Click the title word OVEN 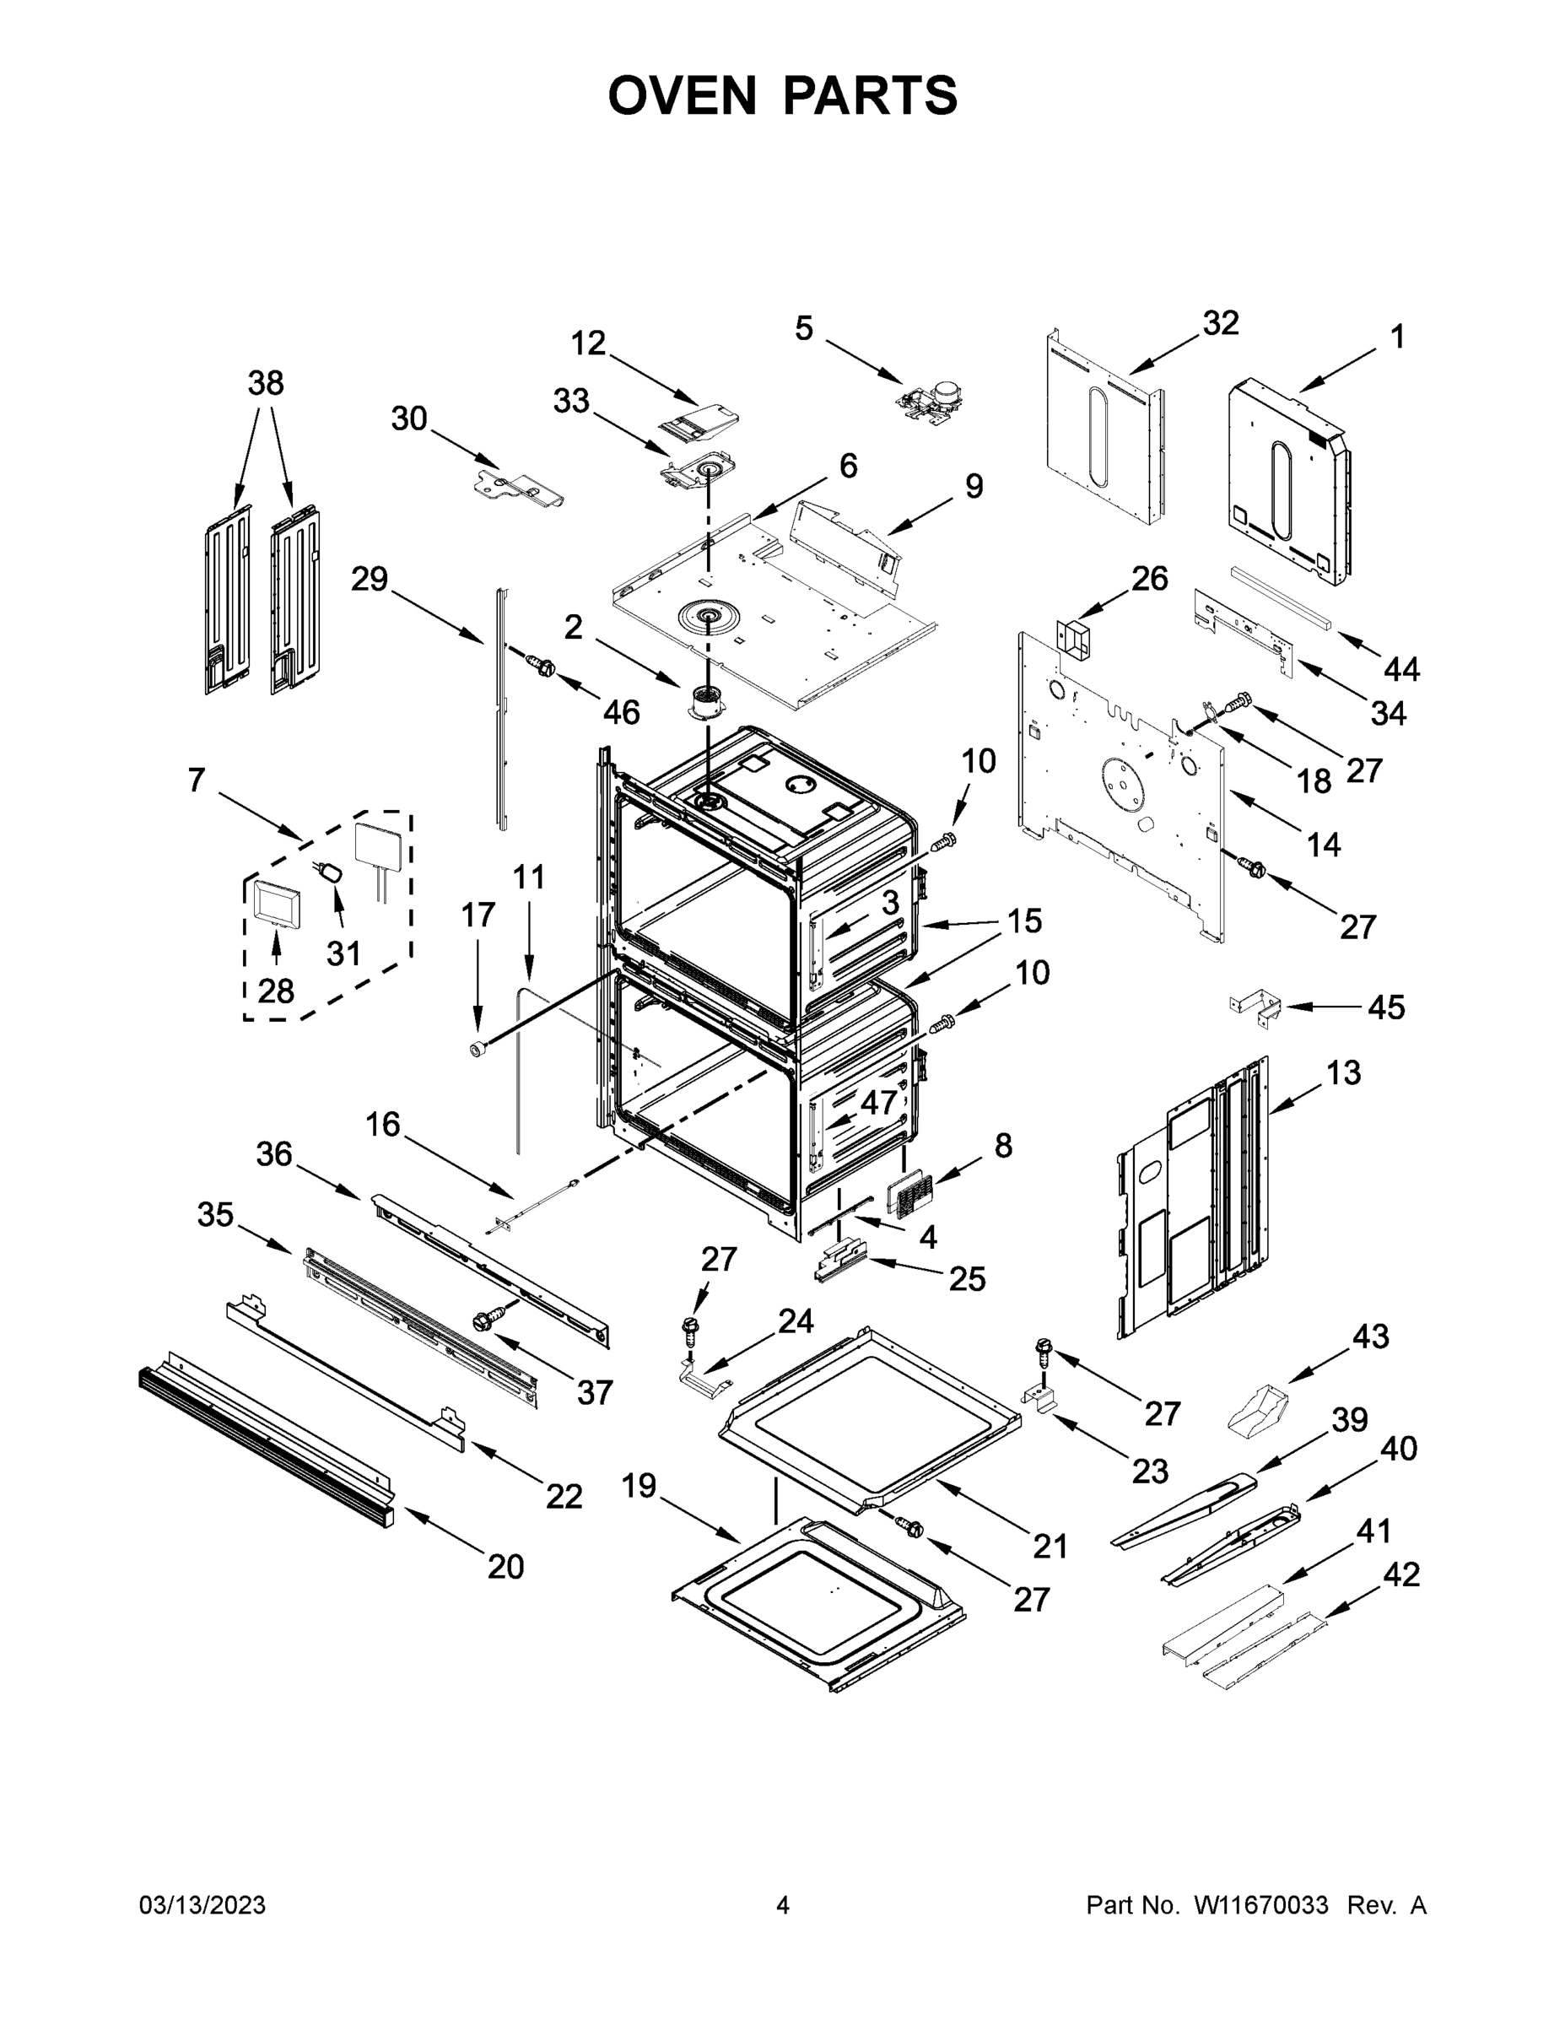[682, 95]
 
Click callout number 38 [265, 383]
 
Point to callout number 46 [620, 712]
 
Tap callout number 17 [478, 915]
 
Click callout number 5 [803, 327]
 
